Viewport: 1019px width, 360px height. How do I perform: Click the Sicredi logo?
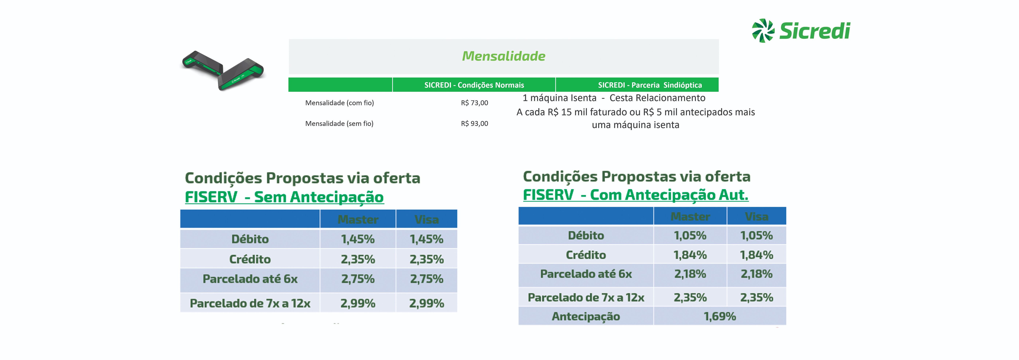(x=801, y=31)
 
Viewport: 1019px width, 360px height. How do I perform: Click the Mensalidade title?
(x=503, y=56)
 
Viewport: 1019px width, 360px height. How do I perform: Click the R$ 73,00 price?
(x=474, y=103)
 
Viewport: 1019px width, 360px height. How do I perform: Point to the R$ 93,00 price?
(x=474, y=123)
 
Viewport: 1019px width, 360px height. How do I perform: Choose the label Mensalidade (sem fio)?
(x=339, y=123)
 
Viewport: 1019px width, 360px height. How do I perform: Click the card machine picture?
(x=223, y=70)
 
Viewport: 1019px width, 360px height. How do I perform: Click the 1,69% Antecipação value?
(x=720, y=316)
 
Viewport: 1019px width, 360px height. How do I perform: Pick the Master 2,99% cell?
(x=358, y=303)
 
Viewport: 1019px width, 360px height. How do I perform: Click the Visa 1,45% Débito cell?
(x=426, y=239)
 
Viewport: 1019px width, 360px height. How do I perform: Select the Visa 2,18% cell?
(x=756, y=274)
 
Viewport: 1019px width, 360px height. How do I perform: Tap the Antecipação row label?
(x=586, y=316)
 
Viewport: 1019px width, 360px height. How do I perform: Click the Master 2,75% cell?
(x=358, y=279)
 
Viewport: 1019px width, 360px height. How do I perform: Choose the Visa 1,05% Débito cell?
(x=756, y=235)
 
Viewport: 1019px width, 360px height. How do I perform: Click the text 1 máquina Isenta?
(x=559, y=98)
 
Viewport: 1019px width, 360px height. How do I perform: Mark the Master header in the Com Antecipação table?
(x=690, y=216)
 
